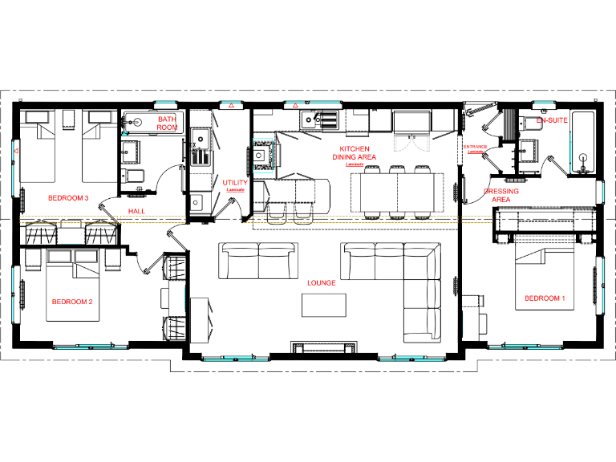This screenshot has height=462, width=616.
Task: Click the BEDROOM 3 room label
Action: pos(68,197)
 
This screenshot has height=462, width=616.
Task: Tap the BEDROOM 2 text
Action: pos(72,302)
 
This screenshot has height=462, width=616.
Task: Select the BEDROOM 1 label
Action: pos(545,298)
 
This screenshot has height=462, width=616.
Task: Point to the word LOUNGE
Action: pos(321,283)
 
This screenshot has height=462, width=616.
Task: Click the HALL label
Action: pos(137,211)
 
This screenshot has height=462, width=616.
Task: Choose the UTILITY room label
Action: pos(235,184)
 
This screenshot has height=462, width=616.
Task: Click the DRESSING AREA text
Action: pos(500,196)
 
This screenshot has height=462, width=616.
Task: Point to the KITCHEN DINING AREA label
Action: pos(354,153)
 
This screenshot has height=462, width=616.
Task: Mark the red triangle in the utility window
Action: pos(232,106)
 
